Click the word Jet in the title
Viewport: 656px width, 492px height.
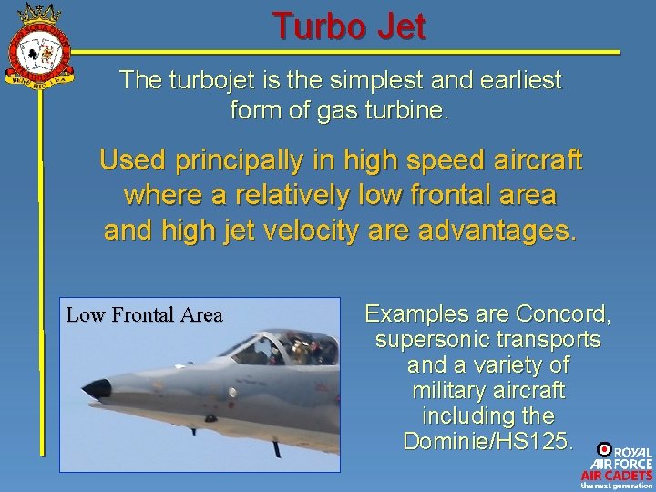397,27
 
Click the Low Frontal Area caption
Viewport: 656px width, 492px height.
144,315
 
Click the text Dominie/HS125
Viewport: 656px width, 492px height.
487,441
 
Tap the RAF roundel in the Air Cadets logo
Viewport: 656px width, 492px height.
603,448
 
